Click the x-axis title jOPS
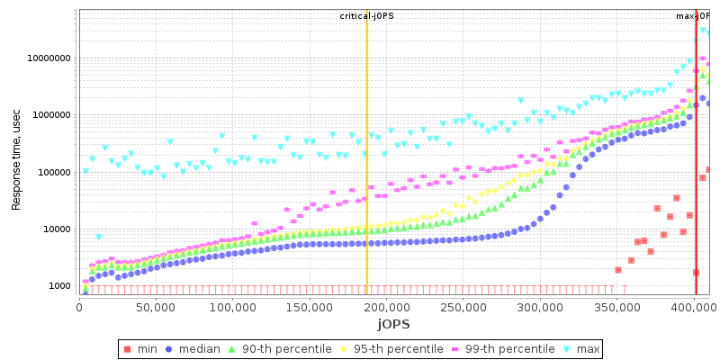tap(393, 324)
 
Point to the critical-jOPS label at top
tap(366, 16)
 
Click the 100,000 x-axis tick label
tap(232, 307)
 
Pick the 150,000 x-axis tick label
tap(309, 307)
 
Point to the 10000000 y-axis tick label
tap(49, 58)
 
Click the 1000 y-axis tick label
tap(58, 286)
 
